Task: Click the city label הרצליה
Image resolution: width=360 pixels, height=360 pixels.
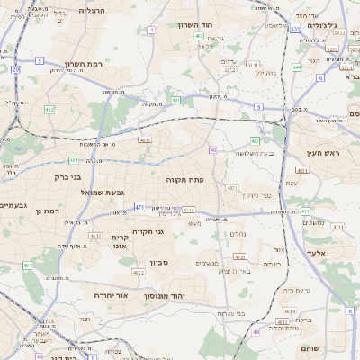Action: coord(92,11)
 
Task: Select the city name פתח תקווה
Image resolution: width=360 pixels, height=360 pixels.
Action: coord(185,180)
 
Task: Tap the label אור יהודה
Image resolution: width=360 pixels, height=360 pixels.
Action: coord(112,295)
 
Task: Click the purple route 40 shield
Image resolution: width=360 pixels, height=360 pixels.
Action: coord(212,150)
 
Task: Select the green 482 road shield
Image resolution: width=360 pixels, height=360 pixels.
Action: coord(49,110)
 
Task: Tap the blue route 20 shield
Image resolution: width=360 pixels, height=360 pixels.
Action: coord(16,68)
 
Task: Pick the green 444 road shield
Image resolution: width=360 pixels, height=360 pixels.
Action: coord(297,67)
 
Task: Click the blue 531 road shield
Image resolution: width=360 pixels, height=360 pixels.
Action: coord(295,30)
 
